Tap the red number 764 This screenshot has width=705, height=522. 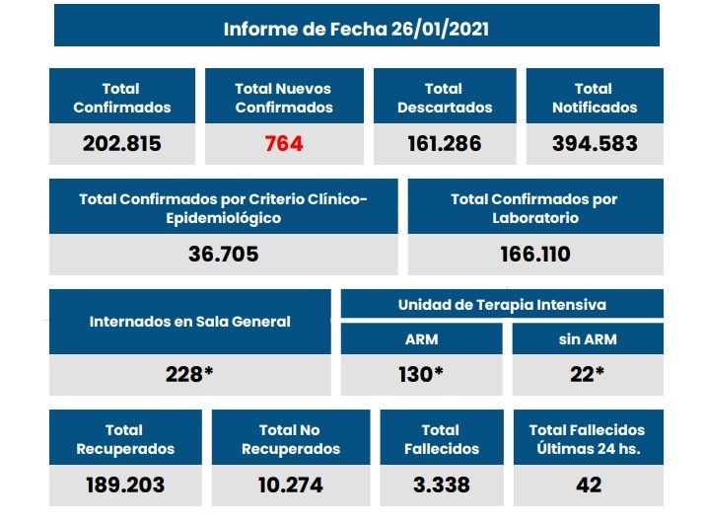click(284, 144)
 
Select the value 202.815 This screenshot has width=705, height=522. click(122, 144)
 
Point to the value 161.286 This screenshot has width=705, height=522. click(444, 144)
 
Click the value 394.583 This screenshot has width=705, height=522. click(594, 144)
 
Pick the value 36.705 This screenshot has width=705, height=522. click(223, 255)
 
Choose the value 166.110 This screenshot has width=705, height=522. click(534, 255)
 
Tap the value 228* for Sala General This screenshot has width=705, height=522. click(189, 375)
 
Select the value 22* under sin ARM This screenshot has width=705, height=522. click(589, 375)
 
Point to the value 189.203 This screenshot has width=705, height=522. click(124, 485)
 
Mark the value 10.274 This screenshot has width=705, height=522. click(290, 485)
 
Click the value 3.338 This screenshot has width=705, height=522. click(440, 485)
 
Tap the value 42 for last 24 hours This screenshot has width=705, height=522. click(587, 485)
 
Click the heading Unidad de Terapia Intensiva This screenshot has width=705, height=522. click(502, 305)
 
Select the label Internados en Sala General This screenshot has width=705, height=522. click(189, 322)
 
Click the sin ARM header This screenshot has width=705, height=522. click(589, 339)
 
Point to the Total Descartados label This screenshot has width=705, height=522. click(444, 98)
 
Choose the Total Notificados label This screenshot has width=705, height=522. click(594, 98)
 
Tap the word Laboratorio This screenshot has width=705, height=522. click(534, 217)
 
